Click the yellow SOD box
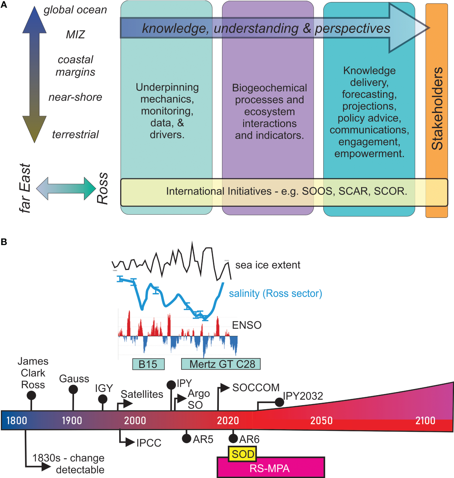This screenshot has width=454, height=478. click(242, 454)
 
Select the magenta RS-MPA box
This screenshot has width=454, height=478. click(270, 468)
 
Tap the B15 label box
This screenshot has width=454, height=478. click(148, 364)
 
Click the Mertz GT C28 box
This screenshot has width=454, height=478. click(221, 364)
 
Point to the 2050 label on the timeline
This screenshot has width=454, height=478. click(321, 420)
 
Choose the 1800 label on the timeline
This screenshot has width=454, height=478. click(17, 420)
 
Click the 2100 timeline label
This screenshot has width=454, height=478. click(425, 420)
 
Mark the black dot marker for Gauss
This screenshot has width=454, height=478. click(73, 389)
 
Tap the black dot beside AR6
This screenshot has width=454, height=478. click(233, 438)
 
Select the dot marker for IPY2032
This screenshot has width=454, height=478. click(279, 402)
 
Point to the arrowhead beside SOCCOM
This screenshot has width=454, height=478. click(225, 388)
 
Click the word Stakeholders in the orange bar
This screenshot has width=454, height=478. click(437, 109)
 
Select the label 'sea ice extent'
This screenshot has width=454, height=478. click(268, 265)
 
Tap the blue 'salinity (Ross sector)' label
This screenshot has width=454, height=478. click(275, 293)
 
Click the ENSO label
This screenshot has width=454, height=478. click(247, 325)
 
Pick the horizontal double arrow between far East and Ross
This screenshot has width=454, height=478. click(66, 189)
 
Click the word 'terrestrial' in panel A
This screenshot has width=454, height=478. click(75, 134)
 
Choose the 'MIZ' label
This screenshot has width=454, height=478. click(75, 34)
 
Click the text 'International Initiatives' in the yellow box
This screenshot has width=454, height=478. click(219, 191)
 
